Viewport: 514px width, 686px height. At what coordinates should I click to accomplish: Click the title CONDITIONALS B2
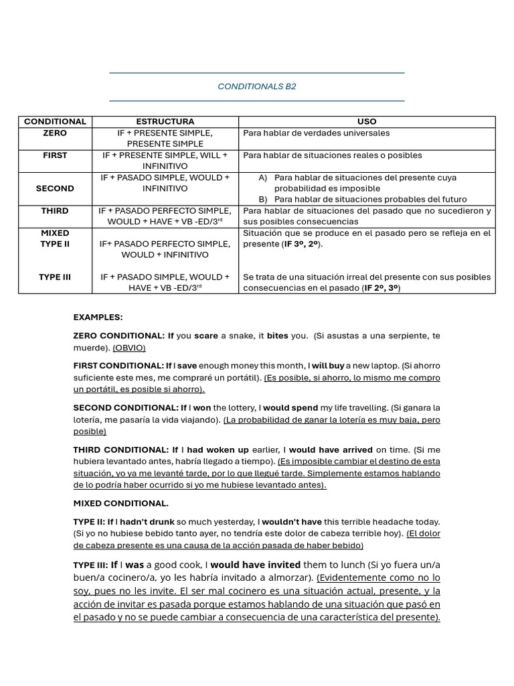pos(257,86)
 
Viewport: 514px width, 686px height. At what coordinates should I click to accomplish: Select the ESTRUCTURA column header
pos(165,121)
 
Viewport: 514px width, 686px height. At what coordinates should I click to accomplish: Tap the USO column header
pos(367,121)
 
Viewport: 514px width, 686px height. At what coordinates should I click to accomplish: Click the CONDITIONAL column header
pos(55,121)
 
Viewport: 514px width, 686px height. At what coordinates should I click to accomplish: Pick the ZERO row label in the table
pos(55,133)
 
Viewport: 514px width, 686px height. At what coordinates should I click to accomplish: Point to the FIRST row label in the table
pos(55,155)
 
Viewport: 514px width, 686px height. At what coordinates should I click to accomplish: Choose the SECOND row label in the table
pos(55,188)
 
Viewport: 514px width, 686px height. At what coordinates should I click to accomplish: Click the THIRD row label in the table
pos(55,210)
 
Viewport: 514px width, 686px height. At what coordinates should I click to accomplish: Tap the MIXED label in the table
pos(55,232)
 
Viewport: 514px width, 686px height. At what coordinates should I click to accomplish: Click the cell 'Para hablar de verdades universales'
pos(316,133)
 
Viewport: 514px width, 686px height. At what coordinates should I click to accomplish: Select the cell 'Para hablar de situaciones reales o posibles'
pos(332,155)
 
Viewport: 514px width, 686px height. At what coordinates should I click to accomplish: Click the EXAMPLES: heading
pos(98,317)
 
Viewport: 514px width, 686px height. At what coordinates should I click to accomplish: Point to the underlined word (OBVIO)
pos(128,348)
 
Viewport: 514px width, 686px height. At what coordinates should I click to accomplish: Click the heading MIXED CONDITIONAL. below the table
pos(120,503)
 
